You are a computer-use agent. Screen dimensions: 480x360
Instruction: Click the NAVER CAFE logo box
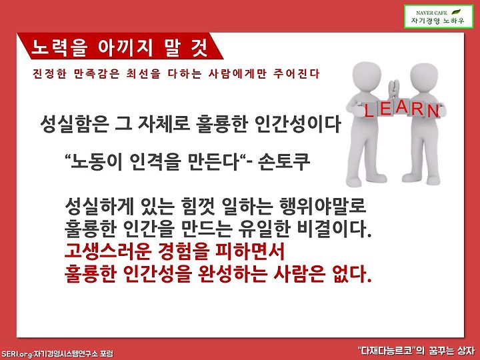coord(439,17)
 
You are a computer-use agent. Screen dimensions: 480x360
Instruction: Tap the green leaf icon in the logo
coord(456,12)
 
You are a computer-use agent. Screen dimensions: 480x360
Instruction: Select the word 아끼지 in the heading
coord(125,48)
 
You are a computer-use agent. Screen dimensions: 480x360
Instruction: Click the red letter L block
coord(369,110)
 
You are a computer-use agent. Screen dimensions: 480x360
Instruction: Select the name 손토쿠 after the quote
coord(284,162)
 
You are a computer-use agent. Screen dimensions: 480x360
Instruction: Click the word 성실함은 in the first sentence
coord(75,124)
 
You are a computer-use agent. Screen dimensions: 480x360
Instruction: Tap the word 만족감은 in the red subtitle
coord(97,74)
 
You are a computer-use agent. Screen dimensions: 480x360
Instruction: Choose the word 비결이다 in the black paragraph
coord(334,229)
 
